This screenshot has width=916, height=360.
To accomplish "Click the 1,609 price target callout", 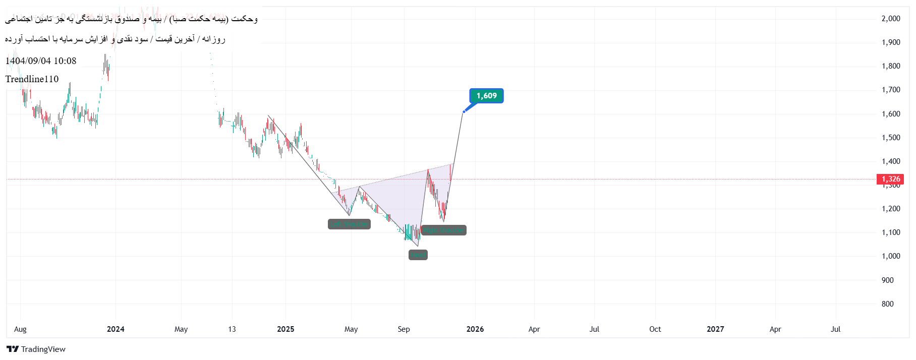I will coord(486,96).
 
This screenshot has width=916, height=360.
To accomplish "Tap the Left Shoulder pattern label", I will coord(349,224).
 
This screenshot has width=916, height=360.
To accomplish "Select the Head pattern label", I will coord(418,255).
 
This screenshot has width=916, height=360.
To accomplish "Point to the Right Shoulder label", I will coord(443,230).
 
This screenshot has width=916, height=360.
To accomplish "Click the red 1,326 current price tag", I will coord(890,179).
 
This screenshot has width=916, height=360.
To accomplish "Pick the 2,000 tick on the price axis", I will coord(891,19).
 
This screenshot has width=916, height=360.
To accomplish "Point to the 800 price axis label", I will coord(887,304).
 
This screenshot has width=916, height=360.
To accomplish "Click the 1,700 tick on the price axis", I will coord(891,90).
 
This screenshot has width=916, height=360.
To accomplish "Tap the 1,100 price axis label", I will coord(891,232).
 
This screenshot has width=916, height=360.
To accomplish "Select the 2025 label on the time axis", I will coord(285,329).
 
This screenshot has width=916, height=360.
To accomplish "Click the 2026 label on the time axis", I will coord(475,329).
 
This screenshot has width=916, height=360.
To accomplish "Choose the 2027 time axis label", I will coord(715,329).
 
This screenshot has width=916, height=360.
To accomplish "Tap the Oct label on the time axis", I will coord(655,329).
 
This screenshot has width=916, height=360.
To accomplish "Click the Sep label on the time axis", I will coord(404,329).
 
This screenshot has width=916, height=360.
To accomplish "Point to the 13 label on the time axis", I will coord(232,329).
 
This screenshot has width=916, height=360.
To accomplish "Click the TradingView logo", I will coord(36,349).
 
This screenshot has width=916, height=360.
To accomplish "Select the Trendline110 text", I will coord(32,79).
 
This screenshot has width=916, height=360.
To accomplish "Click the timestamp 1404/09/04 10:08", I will coord(41,61).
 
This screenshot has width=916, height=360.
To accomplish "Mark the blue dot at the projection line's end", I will coord(464,111).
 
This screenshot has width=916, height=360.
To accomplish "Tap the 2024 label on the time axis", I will coord(116,329).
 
